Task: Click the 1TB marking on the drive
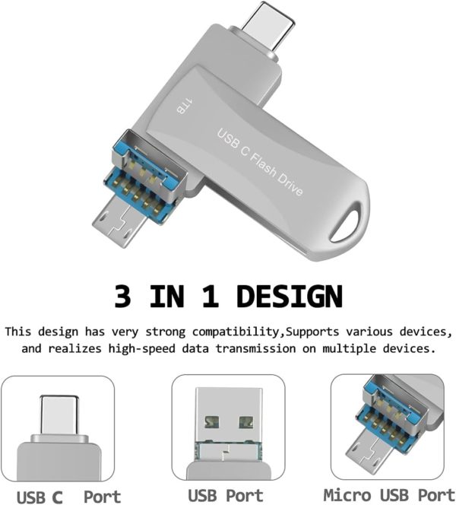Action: pos(185,106)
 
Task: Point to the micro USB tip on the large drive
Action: pos(118,224)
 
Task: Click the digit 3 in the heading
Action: pos(122,297)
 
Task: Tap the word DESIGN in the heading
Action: pos(290,297)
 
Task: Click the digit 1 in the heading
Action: pos(211,297)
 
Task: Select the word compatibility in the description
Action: pos(236,332)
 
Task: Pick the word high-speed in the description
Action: pos(141,349)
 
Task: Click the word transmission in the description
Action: pos(255,348)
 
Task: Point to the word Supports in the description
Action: pos(312,332)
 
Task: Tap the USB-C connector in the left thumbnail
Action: pos(59,415)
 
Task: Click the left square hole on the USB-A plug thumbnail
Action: pos(212,422)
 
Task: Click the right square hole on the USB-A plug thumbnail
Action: pos(246,422)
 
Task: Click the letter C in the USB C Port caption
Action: pos(57,497)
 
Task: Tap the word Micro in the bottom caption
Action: pos(347,495)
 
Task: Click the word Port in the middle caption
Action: pos(244,495)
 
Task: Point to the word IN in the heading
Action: pos(166,297)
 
